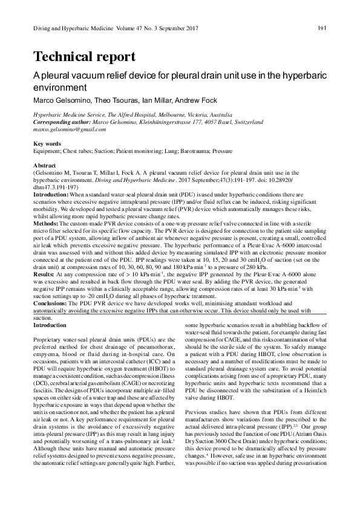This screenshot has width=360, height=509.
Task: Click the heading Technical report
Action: pos(84,57)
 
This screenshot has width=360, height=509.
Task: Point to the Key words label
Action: pos(47,144)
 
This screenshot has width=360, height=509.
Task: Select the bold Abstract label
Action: pos(44,165)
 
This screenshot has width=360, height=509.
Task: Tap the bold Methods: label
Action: pos(46,223)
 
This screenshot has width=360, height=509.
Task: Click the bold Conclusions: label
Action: pos(51,302)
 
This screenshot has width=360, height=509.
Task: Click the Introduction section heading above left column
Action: pos(50,325)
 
